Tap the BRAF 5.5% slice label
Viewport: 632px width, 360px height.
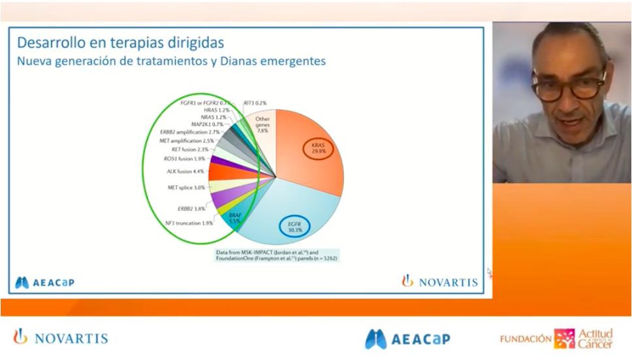(234, 219)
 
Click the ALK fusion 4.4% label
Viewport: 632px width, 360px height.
(185, 171)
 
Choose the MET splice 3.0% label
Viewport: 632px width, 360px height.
(186, 188)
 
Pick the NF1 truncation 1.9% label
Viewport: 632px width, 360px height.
(189, 223)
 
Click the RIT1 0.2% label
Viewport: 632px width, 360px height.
(255, 103)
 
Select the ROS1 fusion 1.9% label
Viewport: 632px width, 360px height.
(184, 158)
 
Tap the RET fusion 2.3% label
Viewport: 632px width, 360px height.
(189, 150)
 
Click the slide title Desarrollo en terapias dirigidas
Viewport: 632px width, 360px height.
(120, 42)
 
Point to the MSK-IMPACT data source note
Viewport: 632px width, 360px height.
(277, 255)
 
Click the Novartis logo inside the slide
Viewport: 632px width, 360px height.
(439, 282)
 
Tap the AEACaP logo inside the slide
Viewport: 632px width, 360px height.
(44, 282)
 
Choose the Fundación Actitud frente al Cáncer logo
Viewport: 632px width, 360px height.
(556, 338)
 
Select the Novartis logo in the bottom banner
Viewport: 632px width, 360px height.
(61, 338)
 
